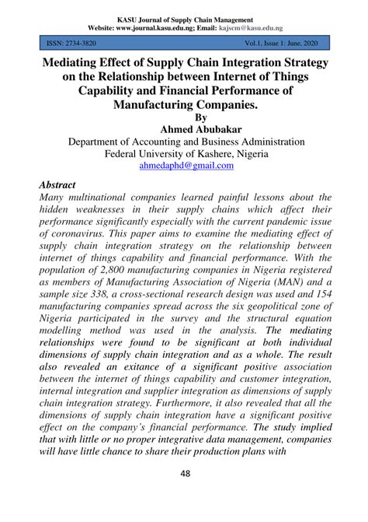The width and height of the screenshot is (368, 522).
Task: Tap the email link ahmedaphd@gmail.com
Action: click(x=184, y=166)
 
